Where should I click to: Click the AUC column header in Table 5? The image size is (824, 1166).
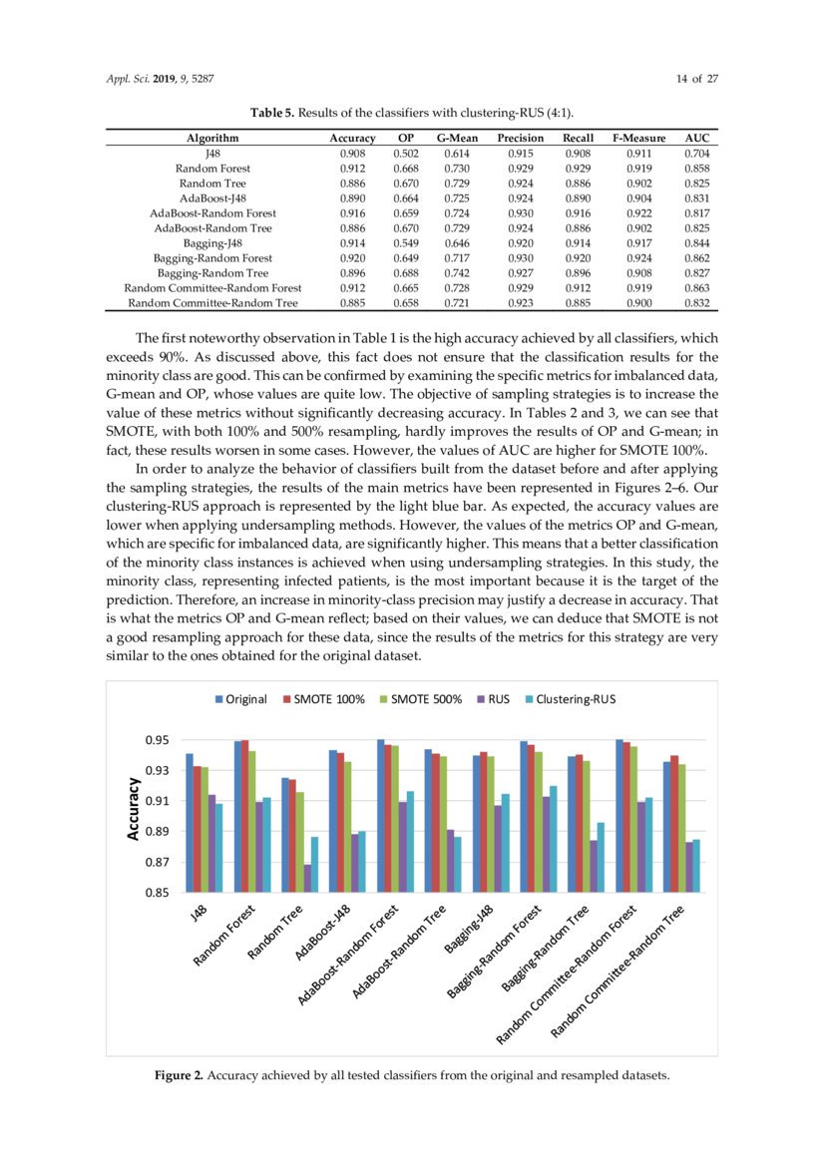pyautogui.click(x=695, y=138)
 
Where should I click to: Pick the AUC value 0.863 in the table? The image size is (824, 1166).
pyautogui.click(x=695, y=288)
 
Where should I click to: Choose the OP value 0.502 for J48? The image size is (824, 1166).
pyautogui.click(x=405, y=155)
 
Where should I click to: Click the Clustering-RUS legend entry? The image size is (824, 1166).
pyautogui.click(x=570, y=699)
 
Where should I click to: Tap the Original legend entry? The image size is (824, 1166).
pyautogui.click(x=240, y=699)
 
